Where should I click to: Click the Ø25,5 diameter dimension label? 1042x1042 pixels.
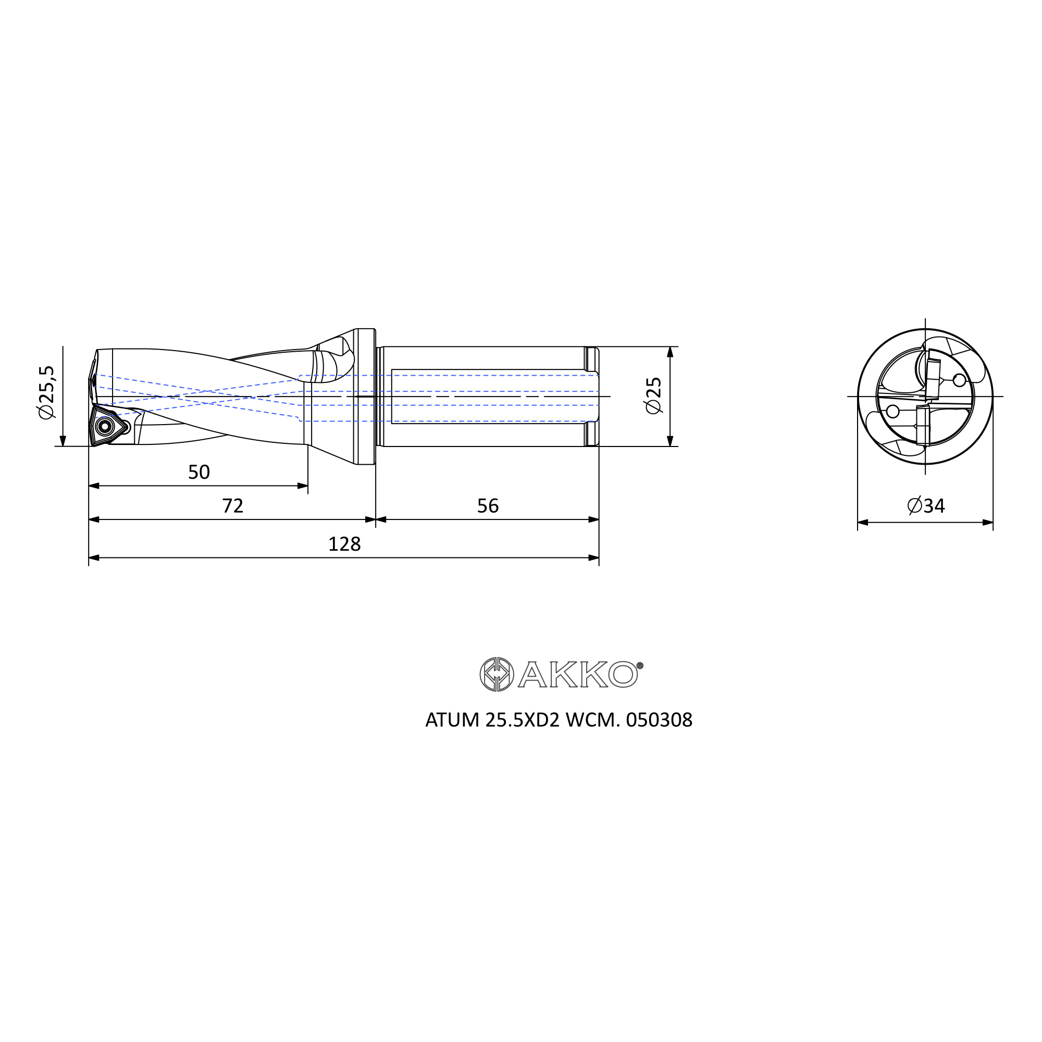click(47, 392)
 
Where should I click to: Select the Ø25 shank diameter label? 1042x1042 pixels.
click(654, 396)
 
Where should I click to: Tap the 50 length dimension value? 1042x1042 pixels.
click(199, 472)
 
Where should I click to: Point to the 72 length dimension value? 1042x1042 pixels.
click(233, 506)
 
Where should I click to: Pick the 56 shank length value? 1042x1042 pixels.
click(488, 506)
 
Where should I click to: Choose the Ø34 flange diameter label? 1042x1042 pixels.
click(926, 506)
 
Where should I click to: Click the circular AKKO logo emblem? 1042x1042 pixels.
click(497, 674)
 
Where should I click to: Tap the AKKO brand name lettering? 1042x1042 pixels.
click(578, 675)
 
